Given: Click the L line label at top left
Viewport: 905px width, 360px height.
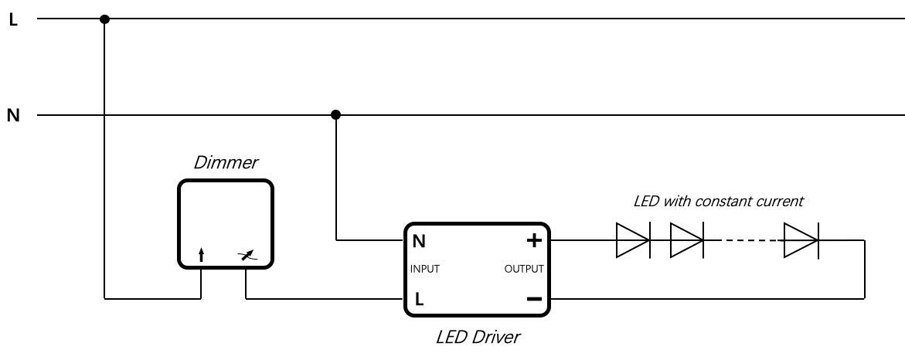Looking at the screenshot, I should tap(12, 19).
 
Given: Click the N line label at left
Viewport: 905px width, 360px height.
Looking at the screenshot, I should tap(13, 116).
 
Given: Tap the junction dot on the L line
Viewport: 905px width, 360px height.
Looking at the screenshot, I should tap(104, 19).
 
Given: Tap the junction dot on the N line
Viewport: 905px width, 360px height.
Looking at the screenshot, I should tap(335, 115).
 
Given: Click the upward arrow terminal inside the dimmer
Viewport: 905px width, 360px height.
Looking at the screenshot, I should tap(202, 256).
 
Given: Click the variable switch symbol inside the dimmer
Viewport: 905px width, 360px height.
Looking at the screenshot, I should tap(247, 256).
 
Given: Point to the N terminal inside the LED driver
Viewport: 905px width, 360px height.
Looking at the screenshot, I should tap(419, 241).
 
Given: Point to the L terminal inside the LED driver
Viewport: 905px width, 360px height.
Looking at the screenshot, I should tap(419, 299).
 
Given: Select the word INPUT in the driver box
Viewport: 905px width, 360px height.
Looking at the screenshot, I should tap(425, 270).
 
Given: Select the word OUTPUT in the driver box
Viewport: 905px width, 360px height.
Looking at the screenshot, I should tap(524, 270).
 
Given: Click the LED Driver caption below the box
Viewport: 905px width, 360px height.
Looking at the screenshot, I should tap(478, 338).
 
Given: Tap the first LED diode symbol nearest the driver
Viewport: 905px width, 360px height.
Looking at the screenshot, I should tap(632, 240).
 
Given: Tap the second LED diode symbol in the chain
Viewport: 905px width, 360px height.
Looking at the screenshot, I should tap(686, 240).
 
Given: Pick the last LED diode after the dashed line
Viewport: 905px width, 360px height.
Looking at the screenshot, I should tap(801, 240).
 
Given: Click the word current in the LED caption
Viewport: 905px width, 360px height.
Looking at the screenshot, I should tap(781, 202).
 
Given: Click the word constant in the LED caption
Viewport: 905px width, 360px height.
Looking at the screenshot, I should tap(723, 202).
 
